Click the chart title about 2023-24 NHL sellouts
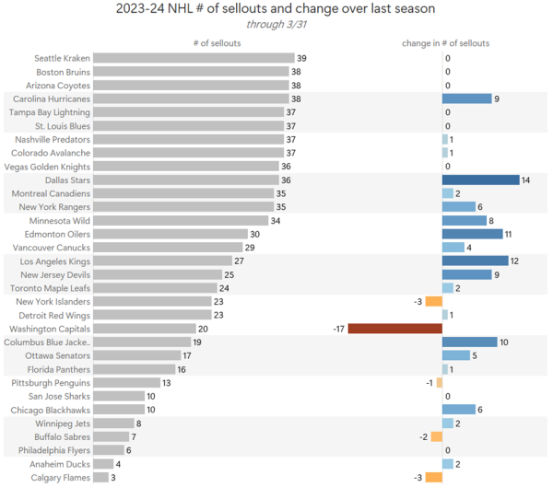pos(276,10)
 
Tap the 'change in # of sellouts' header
pos(445,43)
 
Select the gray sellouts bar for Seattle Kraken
pos(194,58)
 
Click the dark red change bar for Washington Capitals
pos(394,329)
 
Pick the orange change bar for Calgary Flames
pos(434,477)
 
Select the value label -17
pos(339,329)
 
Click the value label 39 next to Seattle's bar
pos(301,58)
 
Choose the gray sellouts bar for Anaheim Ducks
pos(103,464)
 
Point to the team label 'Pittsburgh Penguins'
pos(51,383)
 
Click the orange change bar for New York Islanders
pos(434,301)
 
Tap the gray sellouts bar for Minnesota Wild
pos(181,220)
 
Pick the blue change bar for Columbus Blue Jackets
pos(469,342)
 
